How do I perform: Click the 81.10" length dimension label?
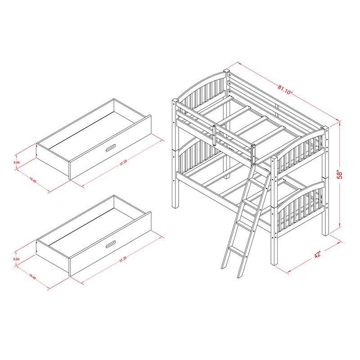point(285,88)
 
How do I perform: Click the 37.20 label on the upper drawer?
point(123,162)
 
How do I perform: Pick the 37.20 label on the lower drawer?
point(123,260)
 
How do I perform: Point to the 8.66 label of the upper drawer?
point(17,162)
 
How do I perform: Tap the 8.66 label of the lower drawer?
point(17,259)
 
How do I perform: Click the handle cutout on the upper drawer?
point(111,148)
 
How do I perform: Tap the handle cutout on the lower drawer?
point(111,245)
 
